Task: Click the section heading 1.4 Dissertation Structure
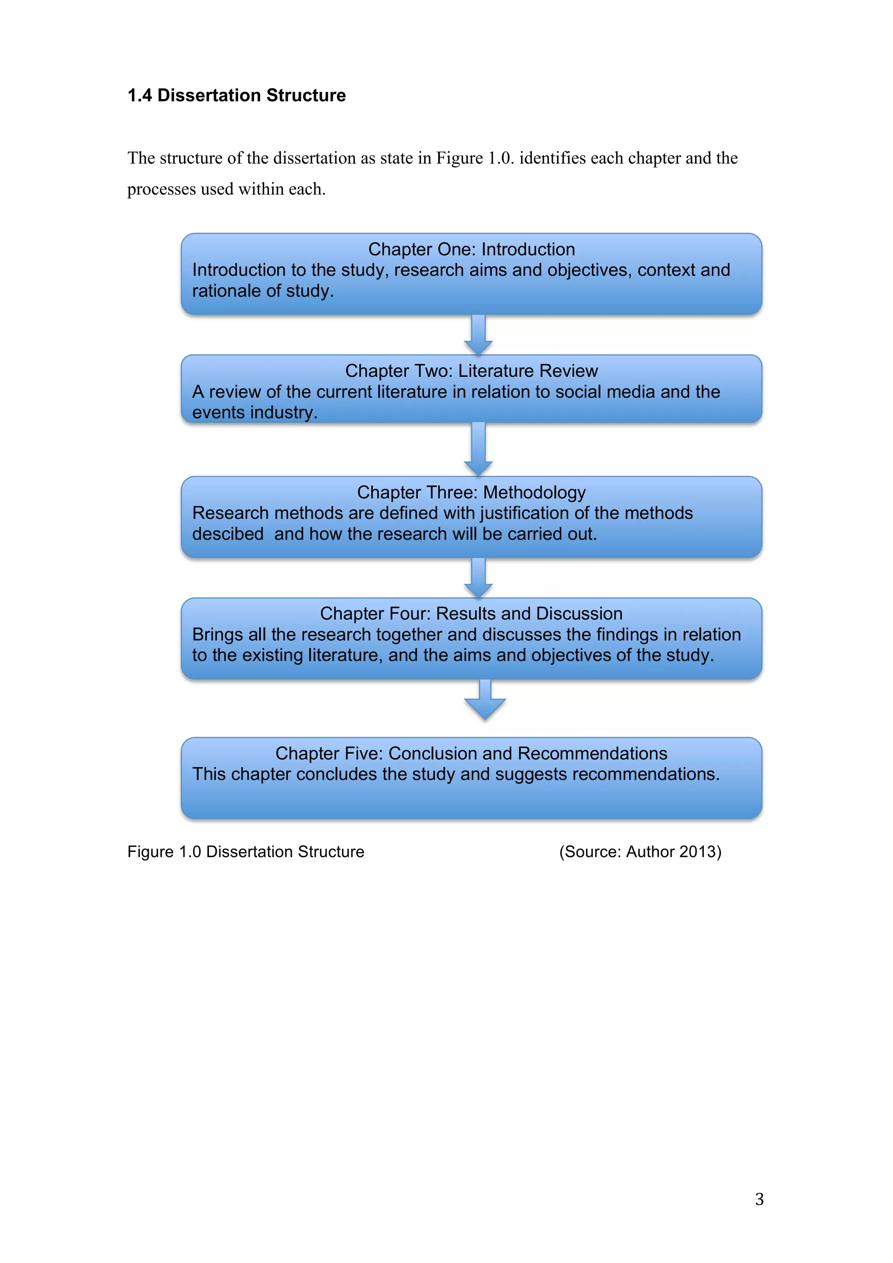(x=236, y=95)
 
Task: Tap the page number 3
(x=760, y=1198)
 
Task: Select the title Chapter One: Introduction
(x=471, y=249)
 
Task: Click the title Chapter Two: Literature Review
(x=471, y=371)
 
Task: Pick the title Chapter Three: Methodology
(x=471, y=492)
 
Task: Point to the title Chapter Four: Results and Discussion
(x=471, y=613)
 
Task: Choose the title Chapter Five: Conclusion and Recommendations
(x=471, y=753)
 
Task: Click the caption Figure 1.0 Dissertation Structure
(x=246, y=852)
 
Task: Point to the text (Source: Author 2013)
(x=640, y=852)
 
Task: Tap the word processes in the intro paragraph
(x=161, y=189)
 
